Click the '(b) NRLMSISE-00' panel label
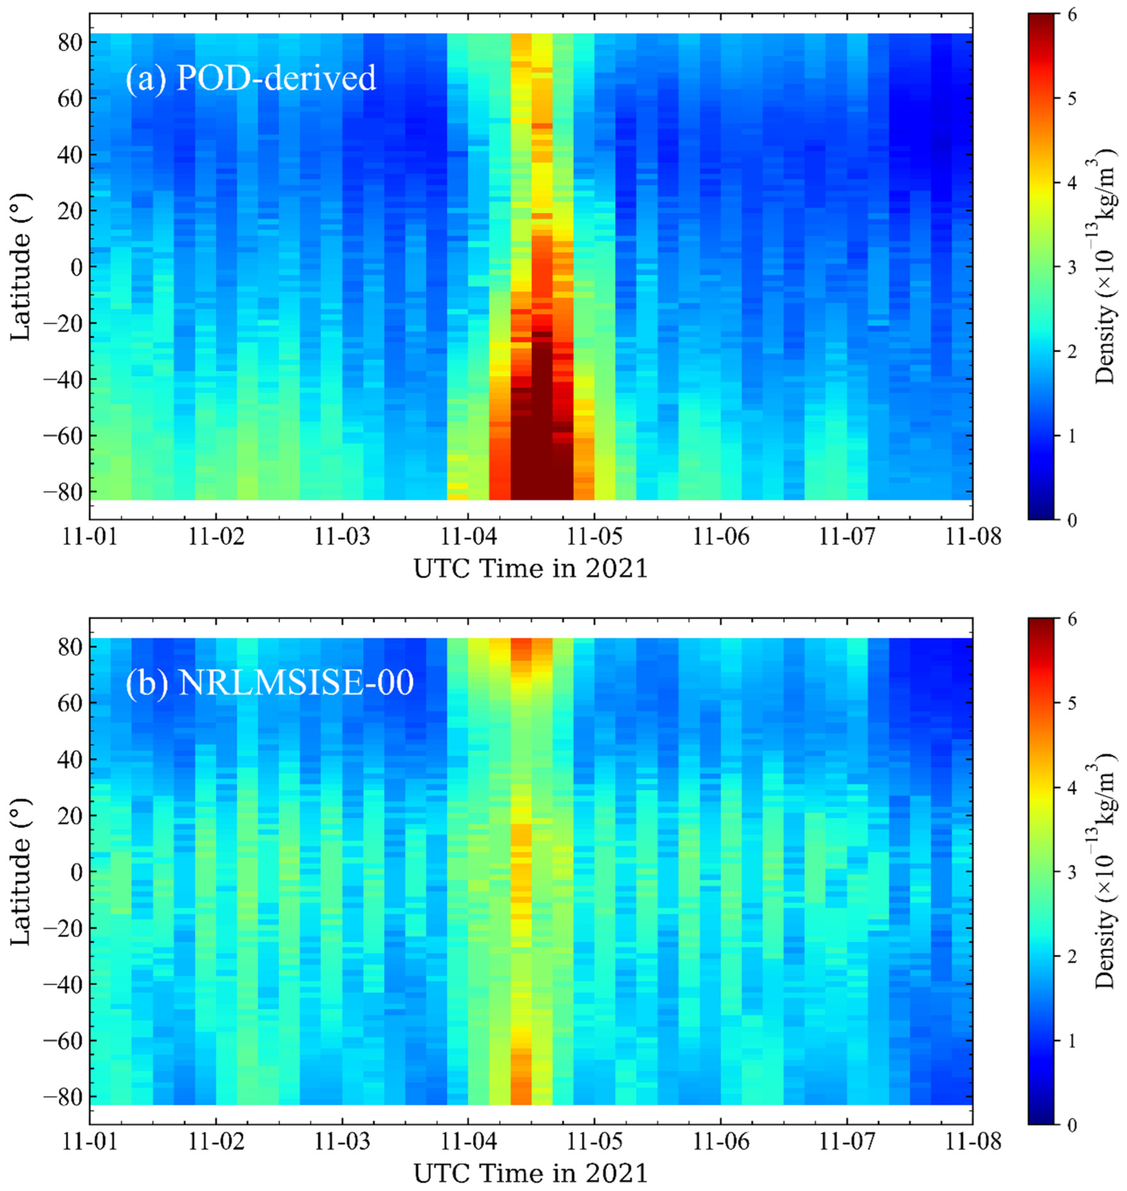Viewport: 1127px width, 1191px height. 270,683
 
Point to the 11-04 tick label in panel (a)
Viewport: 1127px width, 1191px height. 468,537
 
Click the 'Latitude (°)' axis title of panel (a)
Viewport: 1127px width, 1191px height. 21,267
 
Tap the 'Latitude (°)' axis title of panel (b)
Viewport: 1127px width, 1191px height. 21,872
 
